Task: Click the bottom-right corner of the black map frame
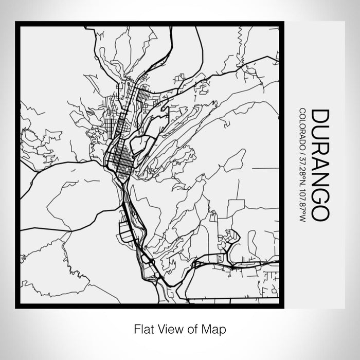(x=282, y=307)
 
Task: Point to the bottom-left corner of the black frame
(x=17, y=307)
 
